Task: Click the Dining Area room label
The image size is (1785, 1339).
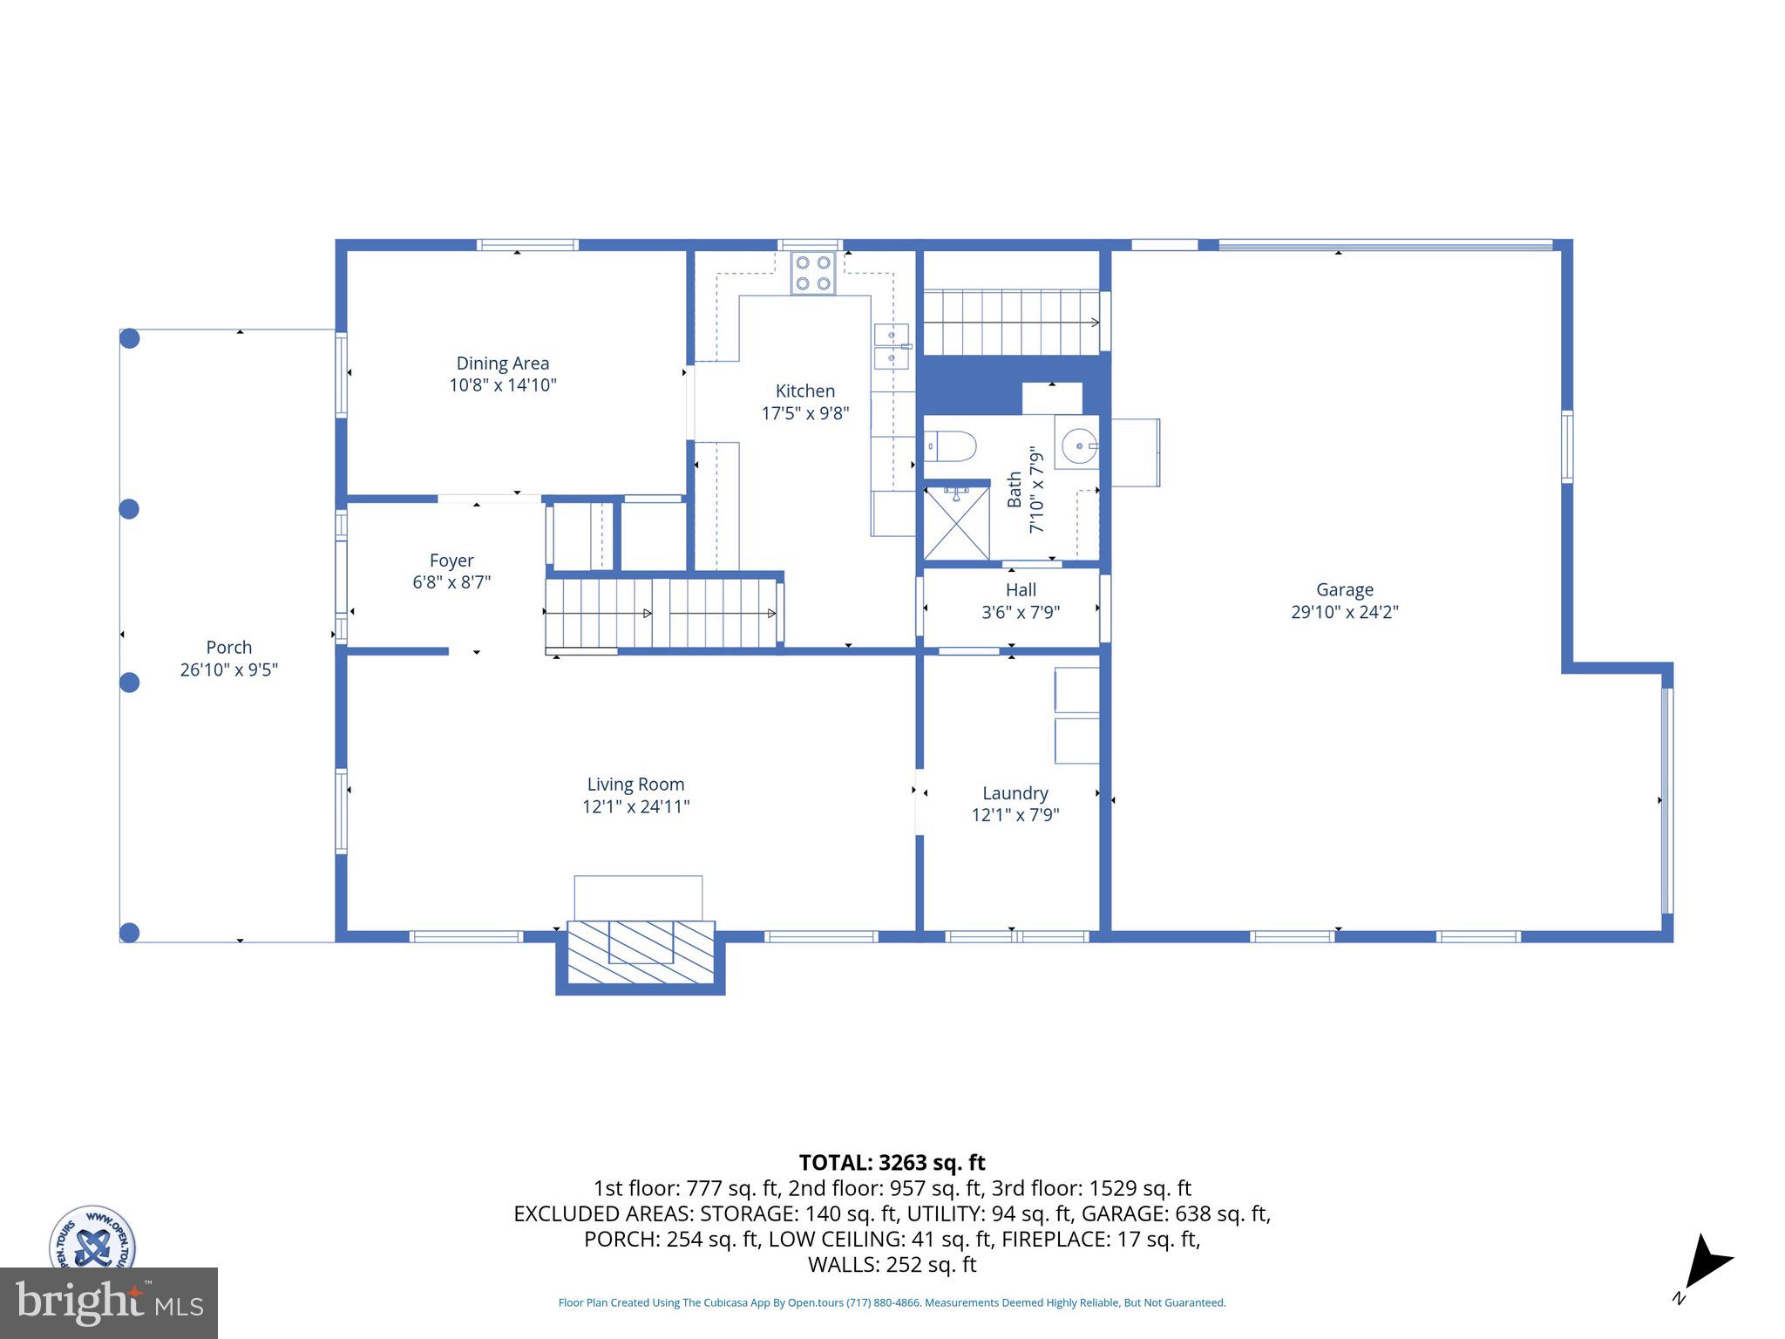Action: click(502, 364)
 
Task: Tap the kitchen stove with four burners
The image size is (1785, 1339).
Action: click(812, 273)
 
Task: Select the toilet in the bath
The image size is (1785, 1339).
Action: click(951, 446)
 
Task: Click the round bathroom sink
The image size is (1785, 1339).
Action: click(1079, 446)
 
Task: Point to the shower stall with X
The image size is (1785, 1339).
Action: click(956, 523)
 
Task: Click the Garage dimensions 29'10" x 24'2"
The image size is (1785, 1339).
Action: click(1344, 612)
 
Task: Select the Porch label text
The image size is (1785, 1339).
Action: click(228, 648)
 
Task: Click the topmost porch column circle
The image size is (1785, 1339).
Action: click(129, 338)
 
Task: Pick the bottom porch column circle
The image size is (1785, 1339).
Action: click(129, 933)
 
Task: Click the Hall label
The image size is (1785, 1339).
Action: click(1021, 590)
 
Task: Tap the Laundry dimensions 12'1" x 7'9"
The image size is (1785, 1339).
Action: click(1015, 815)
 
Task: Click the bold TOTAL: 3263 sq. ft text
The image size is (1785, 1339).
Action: click(892, 1163)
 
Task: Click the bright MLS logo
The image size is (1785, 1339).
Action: click(108, 1302)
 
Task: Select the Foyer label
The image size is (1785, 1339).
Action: click(451, 561)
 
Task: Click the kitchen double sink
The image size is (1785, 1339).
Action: click(892, 346)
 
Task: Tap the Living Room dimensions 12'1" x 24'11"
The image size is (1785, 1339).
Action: click(635, 806)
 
